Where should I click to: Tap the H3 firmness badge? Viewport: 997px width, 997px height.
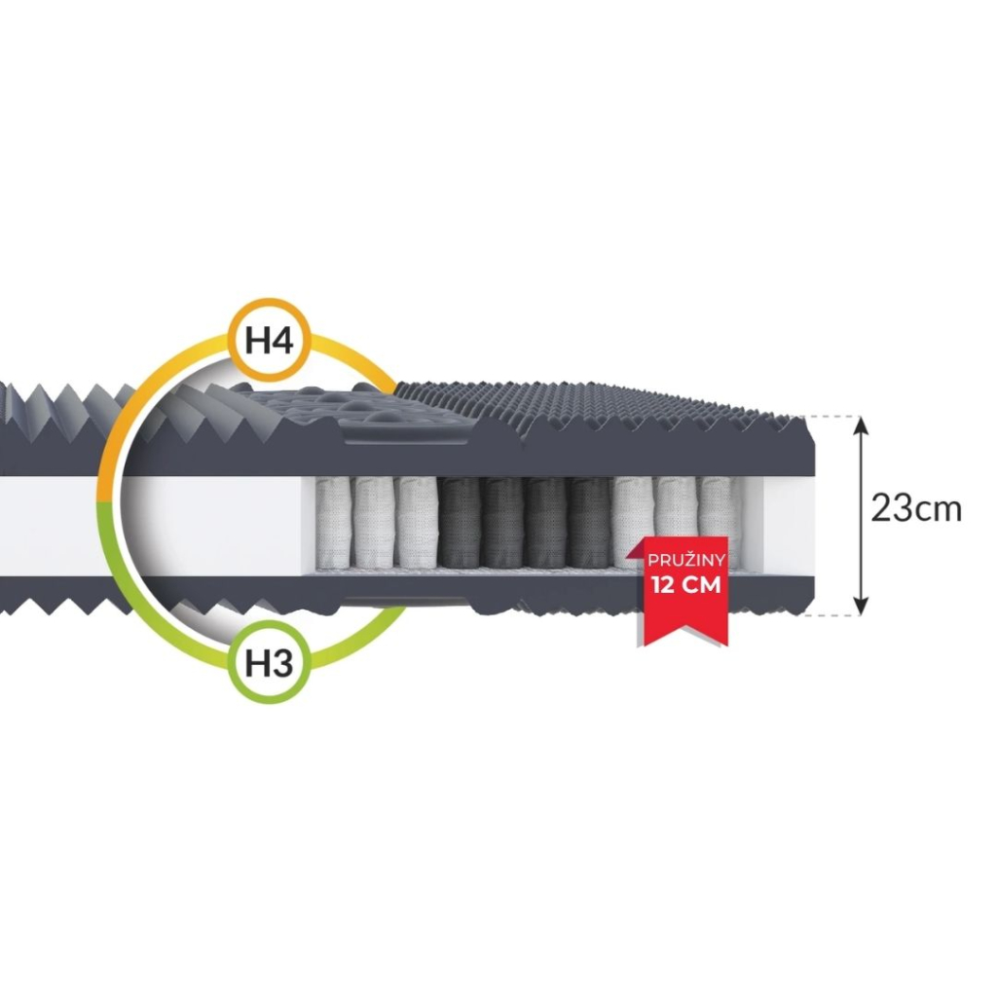click(269, 663)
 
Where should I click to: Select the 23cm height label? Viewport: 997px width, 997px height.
click(915, 508)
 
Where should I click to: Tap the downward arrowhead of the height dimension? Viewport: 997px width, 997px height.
click(860, 608)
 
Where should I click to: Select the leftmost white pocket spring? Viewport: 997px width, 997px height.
click(334, 522)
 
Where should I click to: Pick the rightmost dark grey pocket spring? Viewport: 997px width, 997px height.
click(590, 522)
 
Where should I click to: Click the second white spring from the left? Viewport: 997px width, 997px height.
click(375, 522)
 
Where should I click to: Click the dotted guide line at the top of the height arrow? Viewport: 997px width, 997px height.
click(828, 416)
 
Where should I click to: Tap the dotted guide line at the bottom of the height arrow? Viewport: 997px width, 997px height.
click(828, 615)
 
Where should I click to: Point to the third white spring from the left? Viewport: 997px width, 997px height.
click(417, 522)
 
